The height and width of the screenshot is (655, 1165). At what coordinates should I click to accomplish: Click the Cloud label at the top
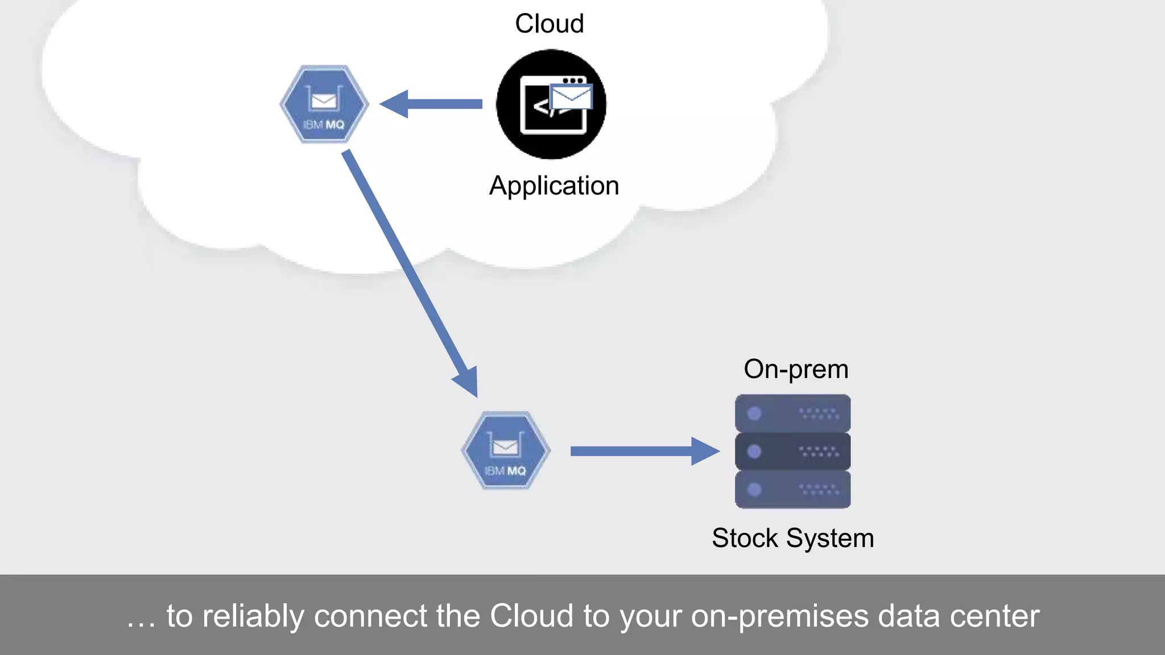pyautogui.click(x=549, y=24)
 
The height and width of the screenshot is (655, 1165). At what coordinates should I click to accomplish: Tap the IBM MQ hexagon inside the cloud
pyautogui.click(x=324, y=104)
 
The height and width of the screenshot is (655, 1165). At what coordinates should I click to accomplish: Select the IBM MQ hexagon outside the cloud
pyautogui.click(x=506, y=450)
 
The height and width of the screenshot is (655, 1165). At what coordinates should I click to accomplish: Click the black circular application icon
pyautogui.click(x=551, y=105)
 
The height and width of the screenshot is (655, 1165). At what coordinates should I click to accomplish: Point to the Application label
pyautogui.click(x=553, y=186)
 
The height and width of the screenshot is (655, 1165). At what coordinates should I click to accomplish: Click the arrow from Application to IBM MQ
pyautogui.click(x=432, y=104)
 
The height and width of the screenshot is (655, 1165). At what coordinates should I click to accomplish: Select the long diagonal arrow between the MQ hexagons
pyautogui.click(x=407, y=267)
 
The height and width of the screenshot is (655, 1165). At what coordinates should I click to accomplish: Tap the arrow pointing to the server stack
pyautogui.click(x=643, y=451)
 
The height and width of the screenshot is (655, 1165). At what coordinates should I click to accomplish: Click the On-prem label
pyautogui.click(x=796, y=370)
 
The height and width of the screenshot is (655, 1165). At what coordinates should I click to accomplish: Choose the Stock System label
pyautogui.click(x=792, y=538)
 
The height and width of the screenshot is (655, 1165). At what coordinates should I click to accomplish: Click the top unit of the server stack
pyautogui.click(x=792, y=413)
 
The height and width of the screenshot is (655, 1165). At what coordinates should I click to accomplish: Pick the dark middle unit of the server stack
pyautogui.click(x=792, y=451)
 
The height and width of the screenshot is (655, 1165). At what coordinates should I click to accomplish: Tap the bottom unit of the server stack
pyautogui.click(x=792, y=489)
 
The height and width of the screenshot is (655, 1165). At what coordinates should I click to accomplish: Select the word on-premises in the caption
pyautogui.click(x=780, y=616)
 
